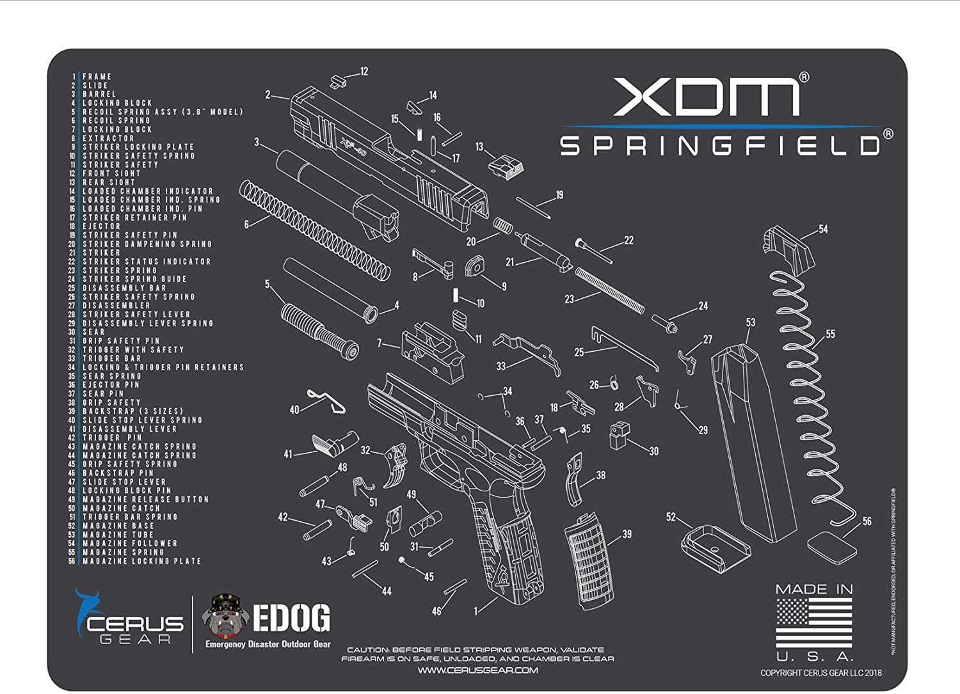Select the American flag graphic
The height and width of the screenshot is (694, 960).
[x=814, y=622]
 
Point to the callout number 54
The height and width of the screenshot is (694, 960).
[x=823, y=229]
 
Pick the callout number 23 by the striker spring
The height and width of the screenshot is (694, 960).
[x=569, y=299]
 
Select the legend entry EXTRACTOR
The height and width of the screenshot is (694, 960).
[x=108, y=138]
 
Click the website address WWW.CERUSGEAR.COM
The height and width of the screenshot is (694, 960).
[x=477, y=670]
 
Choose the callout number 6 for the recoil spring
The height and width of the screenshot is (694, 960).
[x=246, y=225]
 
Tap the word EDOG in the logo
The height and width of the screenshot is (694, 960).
[x=291, y=618]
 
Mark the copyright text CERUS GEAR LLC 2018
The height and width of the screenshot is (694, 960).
[x=820, y=673]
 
